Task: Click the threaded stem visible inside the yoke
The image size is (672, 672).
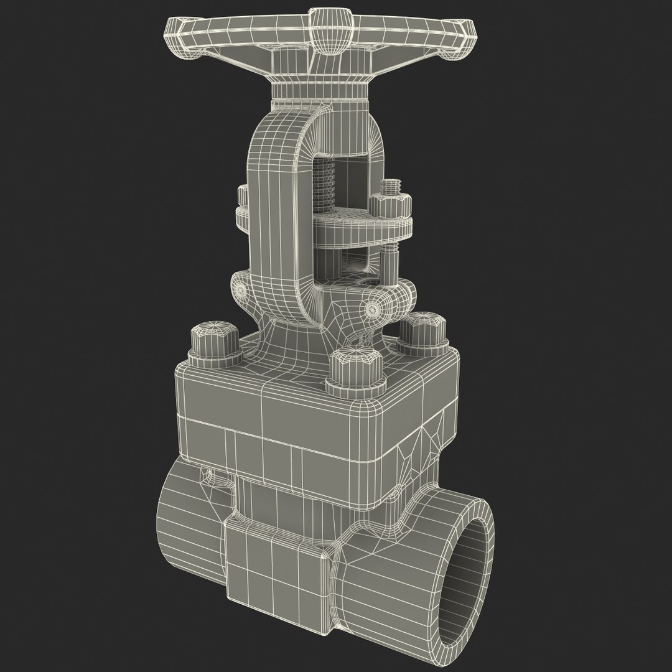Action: point(327,184)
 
